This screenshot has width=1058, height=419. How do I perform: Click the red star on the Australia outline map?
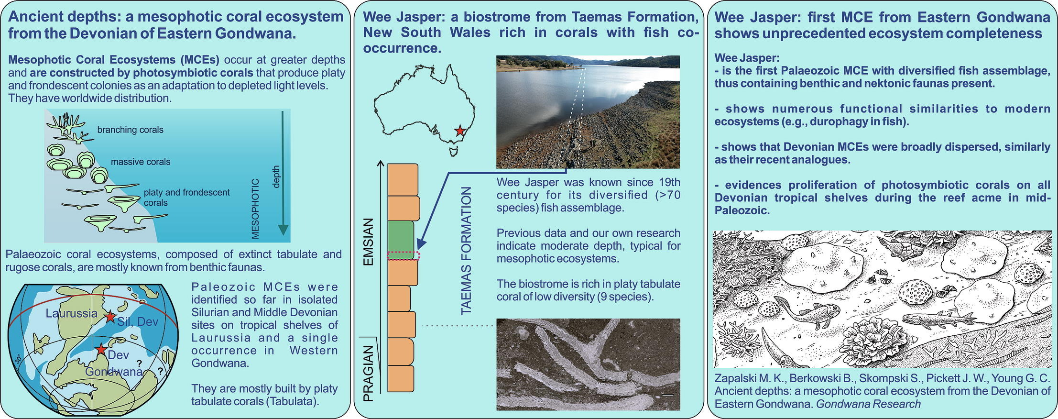[460, 131]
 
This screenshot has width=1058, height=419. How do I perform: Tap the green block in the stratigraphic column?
[401, 240]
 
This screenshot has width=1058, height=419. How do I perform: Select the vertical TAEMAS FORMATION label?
[466, 251]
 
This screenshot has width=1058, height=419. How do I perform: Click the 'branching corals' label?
[130, 130]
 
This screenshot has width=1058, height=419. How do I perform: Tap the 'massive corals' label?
[141, 162]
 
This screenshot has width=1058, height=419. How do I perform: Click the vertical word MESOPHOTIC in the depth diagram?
[255, 209]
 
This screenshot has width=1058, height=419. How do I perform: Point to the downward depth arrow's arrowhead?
[284, 229]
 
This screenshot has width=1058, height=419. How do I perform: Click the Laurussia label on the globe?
[72, 313]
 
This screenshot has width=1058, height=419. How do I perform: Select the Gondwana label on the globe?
[114, 372]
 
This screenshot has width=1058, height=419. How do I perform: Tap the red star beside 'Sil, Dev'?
[110, 316]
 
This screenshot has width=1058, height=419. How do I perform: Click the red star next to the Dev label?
[101, 349]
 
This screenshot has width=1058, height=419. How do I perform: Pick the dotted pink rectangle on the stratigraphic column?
[404, 255]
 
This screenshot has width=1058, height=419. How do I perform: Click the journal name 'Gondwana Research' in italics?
[868, 404]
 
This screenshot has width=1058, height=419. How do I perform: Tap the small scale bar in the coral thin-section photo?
[668, 395]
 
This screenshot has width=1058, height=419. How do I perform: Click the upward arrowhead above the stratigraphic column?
[381, 163]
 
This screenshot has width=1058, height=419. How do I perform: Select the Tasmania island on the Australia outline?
[454, 151]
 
